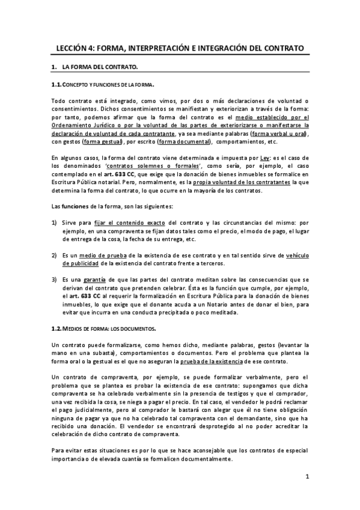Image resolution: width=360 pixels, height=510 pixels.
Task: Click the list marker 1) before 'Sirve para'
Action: (54, 222)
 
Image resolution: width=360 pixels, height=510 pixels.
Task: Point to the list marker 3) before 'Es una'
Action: (54, 280)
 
